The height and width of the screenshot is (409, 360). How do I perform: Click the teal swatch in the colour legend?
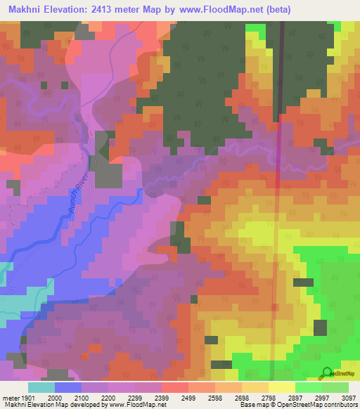(x=41, y=387)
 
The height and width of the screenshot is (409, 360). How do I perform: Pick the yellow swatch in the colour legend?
(x=281, y=387)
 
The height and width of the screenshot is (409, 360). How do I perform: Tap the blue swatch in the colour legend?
(x=68, y=387)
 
